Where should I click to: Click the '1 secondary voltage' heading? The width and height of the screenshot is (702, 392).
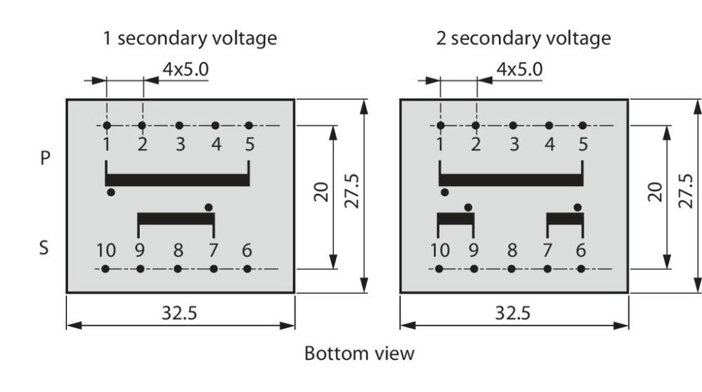coord(190,39)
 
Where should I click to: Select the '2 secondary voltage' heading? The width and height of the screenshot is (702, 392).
coord(524,39)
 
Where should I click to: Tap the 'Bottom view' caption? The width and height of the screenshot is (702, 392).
coord(359,353)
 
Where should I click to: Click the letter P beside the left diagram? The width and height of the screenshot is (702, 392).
coord(45,158)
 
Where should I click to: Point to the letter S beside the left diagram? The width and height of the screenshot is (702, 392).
coord(44,247)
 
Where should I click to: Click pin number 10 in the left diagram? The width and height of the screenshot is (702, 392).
coord(106,250)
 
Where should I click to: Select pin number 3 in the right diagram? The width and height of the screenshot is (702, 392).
coord(514,144)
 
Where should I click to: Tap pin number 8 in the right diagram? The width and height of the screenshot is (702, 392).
coord(512,250)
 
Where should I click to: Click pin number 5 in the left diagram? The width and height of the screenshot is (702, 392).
coord(250,144)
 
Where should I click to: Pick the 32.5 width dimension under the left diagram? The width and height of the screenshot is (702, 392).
coord(179,313)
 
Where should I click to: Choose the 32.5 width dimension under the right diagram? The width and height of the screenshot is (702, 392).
coord(512,313)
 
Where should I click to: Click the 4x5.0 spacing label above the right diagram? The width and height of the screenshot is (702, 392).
coord(519,70)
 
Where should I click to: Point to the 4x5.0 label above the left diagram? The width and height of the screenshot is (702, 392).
coord(186,70)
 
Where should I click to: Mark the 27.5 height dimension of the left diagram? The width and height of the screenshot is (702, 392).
coord(353,191)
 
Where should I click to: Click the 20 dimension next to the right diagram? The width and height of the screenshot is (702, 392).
coord(656,192)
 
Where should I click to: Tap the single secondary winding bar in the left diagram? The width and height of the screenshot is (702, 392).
coord(176,219)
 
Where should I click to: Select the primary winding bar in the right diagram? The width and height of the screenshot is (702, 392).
coord(512,180)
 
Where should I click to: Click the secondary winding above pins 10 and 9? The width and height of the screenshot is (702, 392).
coord(456,219)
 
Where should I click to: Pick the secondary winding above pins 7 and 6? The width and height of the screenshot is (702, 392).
coord(566,219)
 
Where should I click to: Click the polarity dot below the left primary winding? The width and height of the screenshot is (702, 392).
coord(111,192)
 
